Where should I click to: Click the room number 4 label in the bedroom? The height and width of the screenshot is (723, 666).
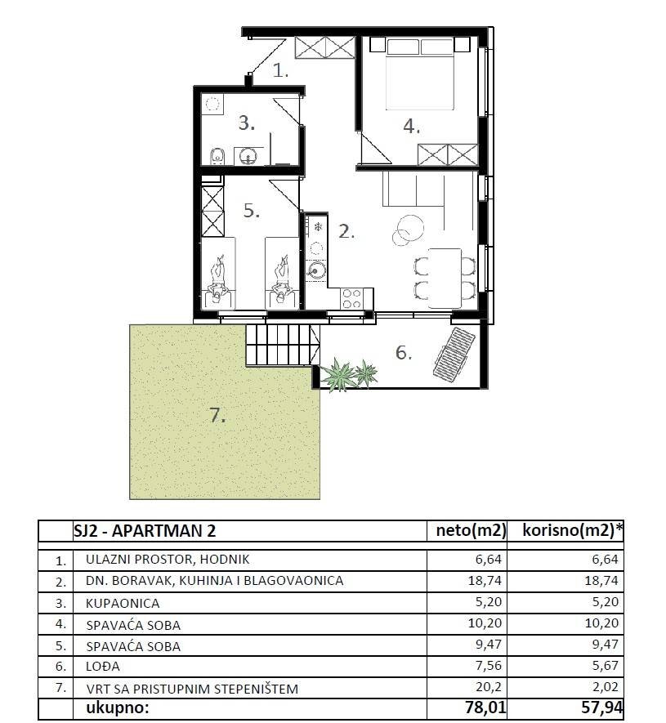[410, 126]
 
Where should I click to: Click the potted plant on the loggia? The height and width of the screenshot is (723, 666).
[350, 375]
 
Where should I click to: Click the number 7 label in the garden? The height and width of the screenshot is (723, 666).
[217, 416]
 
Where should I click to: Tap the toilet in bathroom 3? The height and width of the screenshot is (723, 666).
[216, 155]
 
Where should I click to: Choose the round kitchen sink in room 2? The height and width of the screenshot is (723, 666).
[315, 270]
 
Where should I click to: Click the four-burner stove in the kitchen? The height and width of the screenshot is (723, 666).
[352, 299]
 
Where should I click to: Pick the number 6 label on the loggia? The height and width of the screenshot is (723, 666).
[402, 353]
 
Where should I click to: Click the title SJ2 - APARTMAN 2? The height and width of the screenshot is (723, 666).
[152, 531]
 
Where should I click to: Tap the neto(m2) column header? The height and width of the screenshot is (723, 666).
[468, 531]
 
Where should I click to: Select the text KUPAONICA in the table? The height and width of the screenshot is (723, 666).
[123, 603]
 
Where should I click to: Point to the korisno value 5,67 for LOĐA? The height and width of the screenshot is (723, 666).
[603, 667]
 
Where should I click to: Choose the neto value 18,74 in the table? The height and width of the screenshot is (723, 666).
[489, 581]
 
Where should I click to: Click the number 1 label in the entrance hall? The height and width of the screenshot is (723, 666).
[280, 71]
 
